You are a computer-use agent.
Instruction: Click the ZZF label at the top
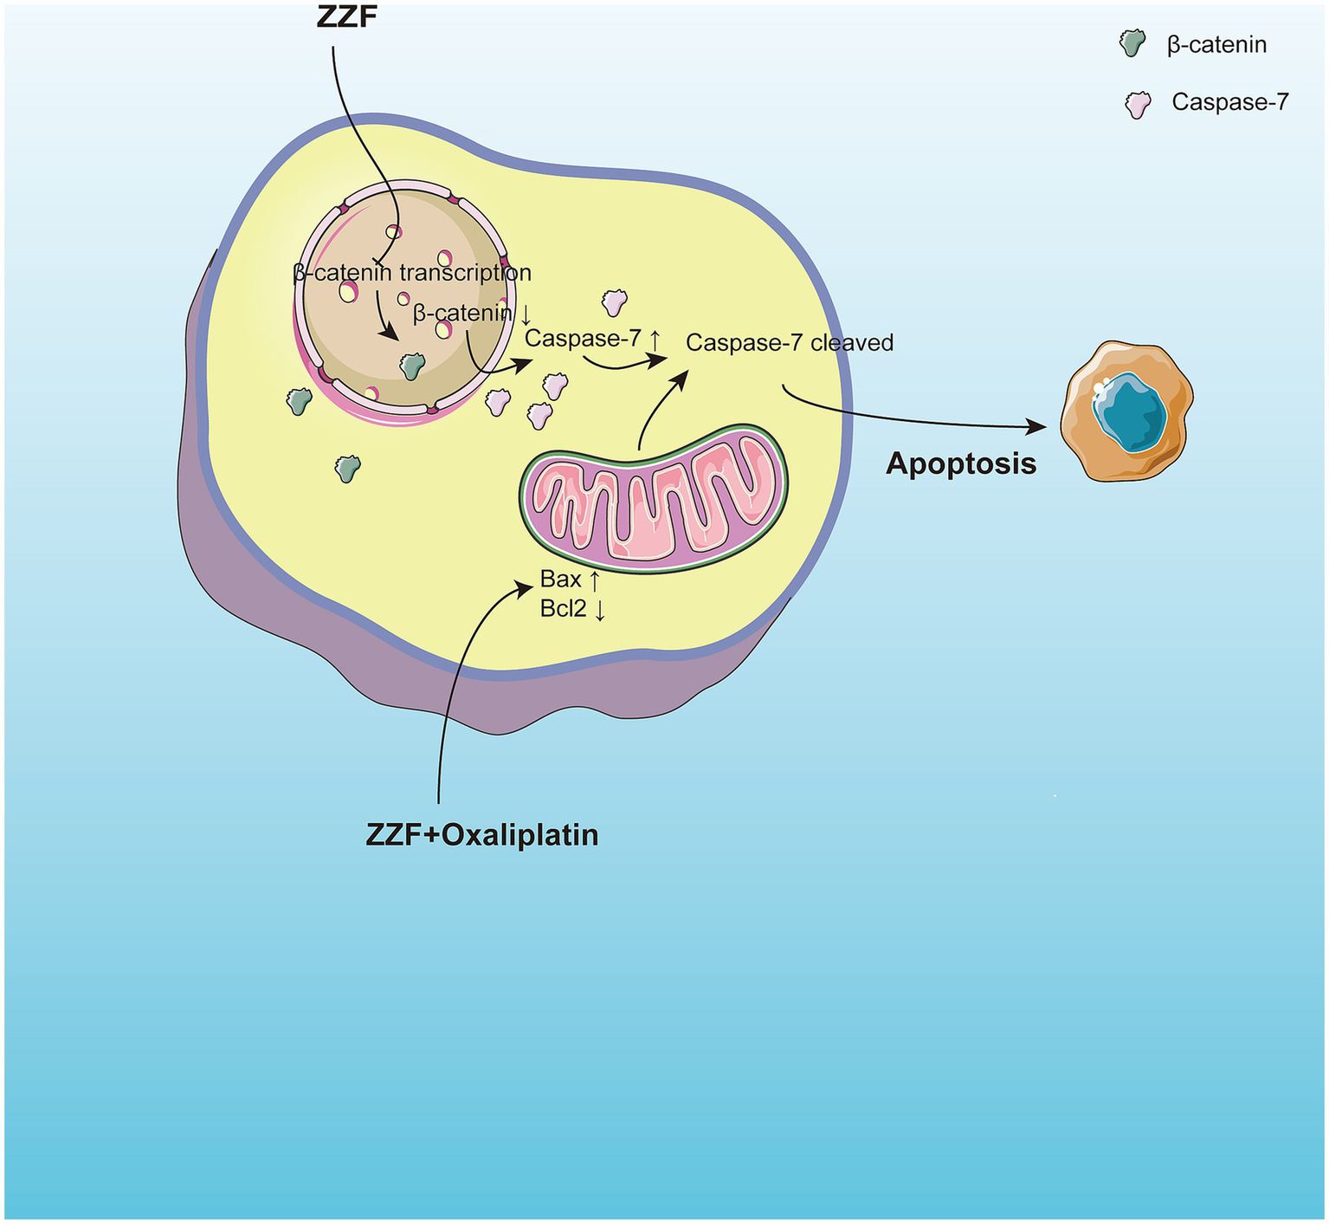coord(348,17)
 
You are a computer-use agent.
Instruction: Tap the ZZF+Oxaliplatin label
coord(482,834)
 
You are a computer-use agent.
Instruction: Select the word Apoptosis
coord(961,463)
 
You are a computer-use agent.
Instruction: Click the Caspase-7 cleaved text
coord(789,343)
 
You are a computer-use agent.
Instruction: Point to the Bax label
coord(560,579)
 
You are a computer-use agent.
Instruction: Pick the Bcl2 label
coord(563,609)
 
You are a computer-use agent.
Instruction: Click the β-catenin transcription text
coord(412,273)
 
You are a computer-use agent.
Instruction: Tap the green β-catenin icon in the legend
coord(1131,42)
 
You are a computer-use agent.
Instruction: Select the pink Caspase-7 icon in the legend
coord(1137,104)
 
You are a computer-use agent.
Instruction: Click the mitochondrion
coord(654,500)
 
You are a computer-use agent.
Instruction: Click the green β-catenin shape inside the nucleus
coord(412,366)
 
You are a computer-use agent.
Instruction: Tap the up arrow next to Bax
coord(595,580)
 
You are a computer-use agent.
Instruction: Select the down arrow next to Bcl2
coord(599,610)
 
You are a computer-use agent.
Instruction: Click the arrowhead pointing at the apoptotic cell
coord(1035,426)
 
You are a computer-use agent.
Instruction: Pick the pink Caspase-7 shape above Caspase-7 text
coord(614,302)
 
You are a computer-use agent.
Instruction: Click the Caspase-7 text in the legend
coord(1229,102)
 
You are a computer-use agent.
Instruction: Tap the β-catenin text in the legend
coord(1216,45)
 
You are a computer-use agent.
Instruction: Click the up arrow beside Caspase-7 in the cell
coord(655,340)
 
